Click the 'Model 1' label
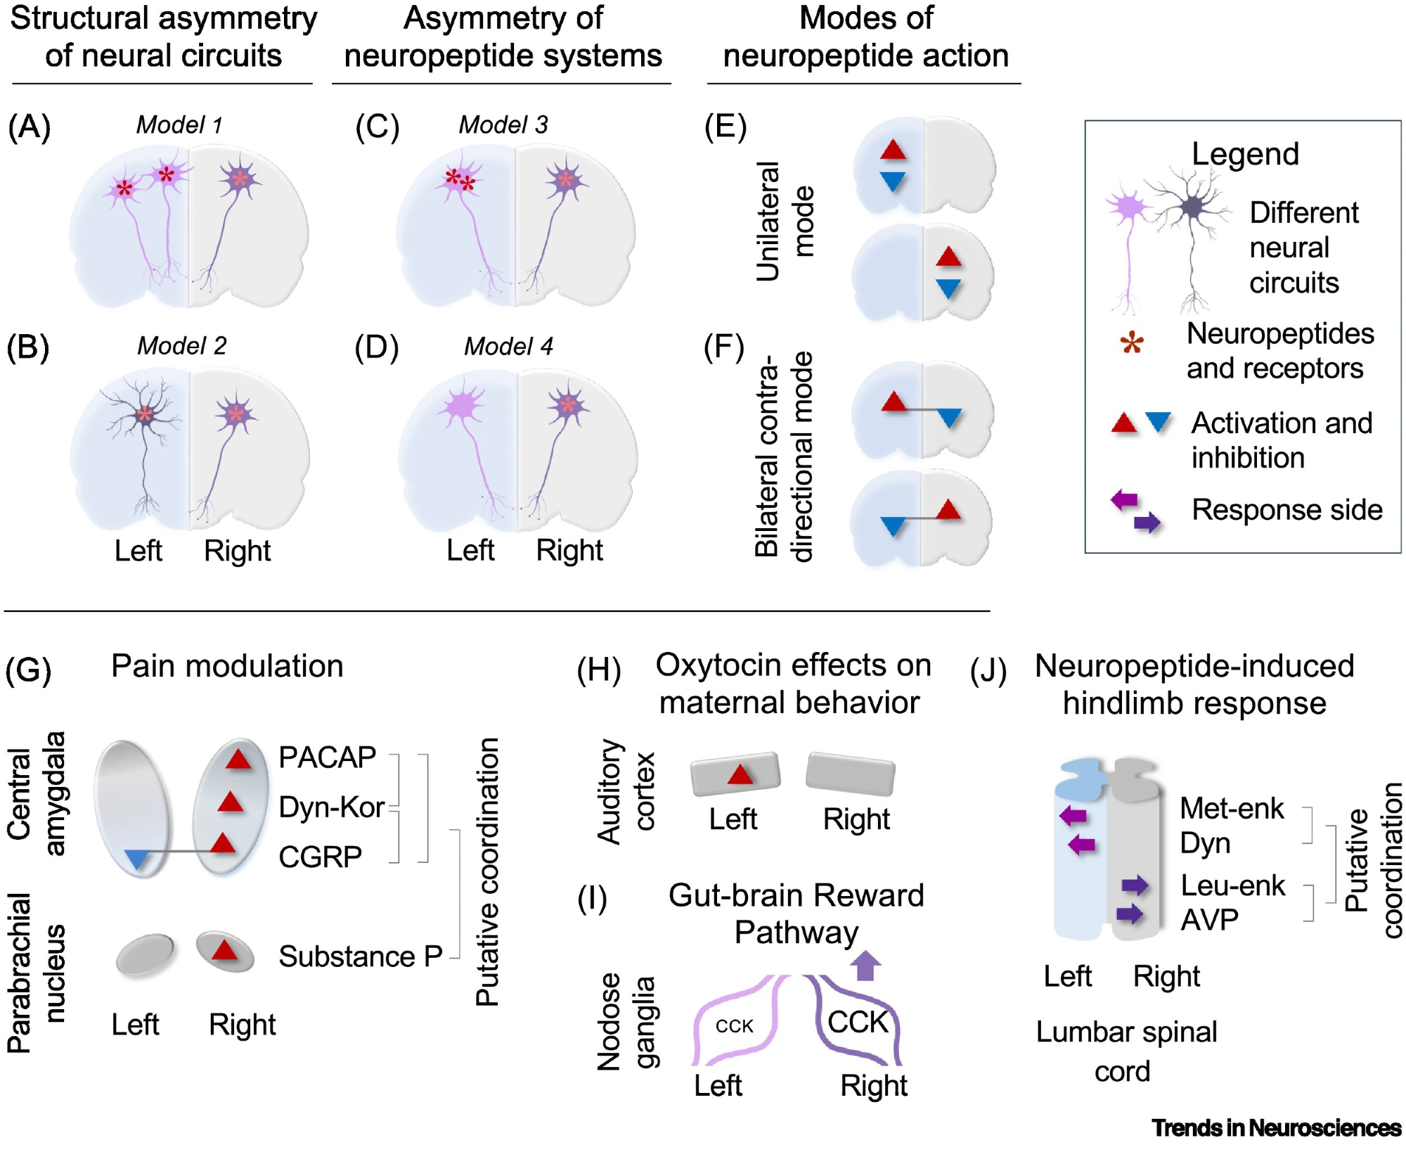(179, 125)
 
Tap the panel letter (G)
(28, 669)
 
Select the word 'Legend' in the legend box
(1245, 154)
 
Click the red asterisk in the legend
(1132, 344)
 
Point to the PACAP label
(327, 757)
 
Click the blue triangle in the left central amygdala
(137, 859)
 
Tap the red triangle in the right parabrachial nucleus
(224, 950)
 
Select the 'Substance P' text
(360, 956)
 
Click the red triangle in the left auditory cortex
(740, 774)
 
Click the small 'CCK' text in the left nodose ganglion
(735, 1026)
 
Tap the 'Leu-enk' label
(1232, 885)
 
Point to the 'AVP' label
(1209, 920)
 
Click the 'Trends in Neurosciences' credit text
(1276, 1128)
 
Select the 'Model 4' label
(508, 346)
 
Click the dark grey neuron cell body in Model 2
(145, 414)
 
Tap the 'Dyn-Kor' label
(331, 807)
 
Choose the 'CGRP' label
(320, 857)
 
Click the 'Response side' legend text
(1286, 510)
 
